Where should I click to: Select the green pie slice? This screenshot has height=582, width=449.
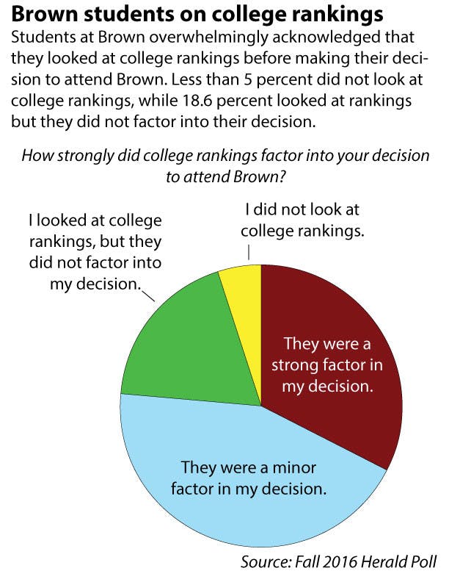(180, 345)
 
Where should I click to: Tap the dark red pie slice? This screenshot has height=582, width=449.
(330, 367)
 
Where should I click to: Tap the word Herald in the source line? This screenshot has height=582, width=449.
(390, 563)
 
